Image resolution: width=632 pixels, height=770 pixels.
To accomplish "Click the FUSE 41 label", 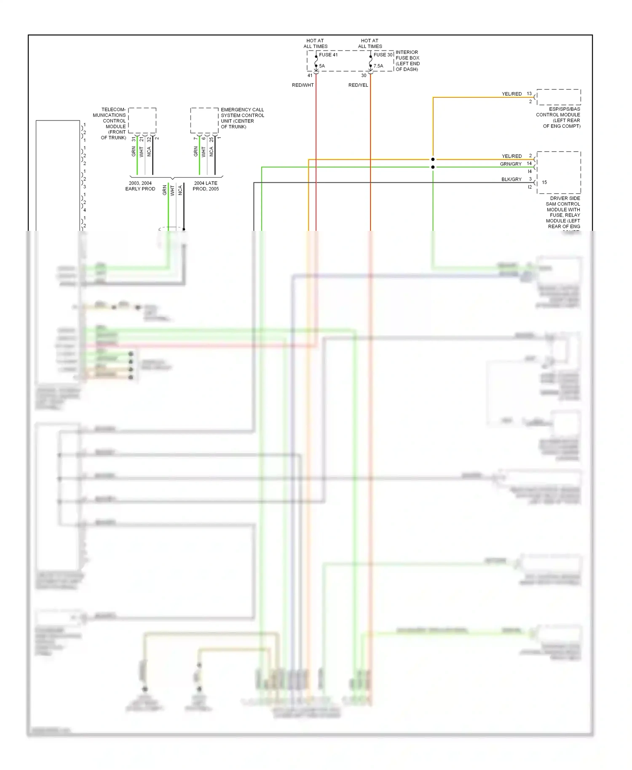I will click(x=328, y=55).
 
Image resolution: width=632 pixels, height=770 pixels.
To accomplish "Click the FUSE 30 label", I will click(x=383, y=55).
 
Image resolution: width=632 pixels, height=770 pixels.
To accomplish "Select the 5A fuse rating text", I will click(x=322, y=66).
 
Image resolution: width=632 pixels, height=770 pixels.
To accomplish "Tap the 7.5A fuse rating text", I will click(x=378, y=66).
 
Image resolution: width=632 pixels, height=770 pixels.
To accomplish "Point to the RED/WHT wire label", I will click(x=303, y=85).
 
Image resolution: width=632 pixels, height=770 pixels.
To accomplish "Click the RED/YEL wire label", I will click(x=358, y=85).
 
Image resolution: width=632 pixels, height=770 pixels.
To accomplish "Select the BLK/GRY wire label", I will click(x=511, y=179).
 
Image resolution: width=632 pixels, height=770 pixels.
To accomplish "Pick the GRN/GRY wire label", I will click(x=511, y=164).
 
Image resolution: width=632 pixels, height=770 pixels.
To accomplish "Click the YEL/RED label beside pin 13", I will click(x=511, y=94).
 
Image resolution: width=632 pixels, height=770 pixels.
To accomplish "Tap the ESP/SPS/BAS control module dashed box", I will click(x=559, y=97).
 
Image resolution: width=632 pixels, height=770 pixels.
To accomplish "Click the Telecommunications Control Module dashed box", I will click(x=142, y=120).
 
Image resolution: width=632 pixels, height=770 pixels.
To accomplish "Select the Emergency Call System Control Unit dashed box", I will click(x=204, y=120).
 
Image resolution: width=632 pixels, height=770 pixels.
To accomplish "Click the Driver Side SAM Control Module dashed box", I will click(x=559, y=172).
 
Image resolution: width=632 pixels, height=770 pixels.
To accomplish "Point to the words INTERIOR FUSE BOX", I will click(x=407, y=55).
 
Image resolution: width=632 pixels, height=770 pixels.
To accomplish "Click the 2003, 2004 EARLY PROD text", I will click(x=140, y=186).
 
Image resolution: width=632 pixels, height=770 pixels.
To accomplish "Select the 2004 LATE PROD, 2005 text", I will click(x=206, y=186).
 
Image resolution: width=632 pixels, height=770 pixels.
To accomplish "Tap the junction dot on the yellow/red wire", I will click(x=433, y=159).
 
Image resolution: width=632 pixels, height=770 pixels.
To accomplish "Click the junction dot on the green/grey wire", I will click(x=433, y=167).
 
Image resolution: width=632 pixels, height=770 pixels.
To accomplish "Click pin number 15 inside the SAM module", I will click(x=544, y=182).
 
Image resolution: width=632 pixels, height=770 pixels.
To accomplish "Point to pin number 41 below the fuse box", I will click(x=310, y=76).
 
